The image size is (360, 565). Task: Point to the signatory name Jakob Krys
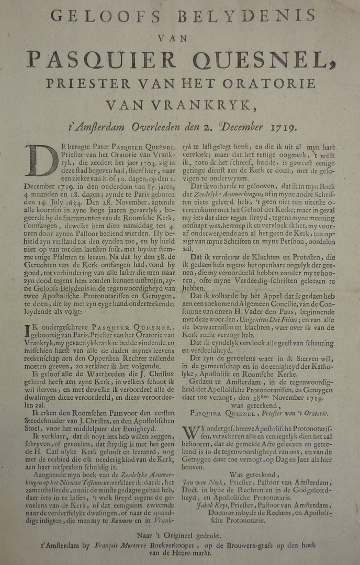tap(211, 506)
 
